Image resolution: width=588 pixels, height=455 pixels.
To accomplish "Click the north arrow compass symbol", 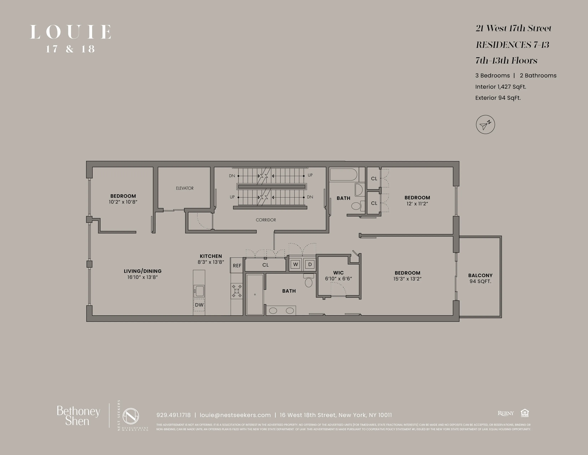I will (x=485, y=125).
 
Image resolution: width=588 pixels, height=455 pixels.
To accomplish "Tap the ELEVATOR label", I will (x=185, y=188).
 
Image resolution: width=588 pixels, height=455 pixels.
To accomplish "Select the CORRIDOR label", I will (x=266, y=220).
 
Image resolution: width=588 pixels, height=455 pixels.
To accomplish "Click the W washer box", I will (x=296, y=264).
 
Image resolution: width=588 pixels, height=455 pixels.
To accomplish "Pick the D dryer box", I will (x=310, y=264).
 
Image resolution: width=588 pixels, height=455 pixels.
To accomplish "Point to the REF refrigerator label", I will (x=237, y=266).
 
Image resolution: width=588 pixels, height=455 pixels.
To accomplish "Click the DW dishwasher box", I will (x=199, y=305).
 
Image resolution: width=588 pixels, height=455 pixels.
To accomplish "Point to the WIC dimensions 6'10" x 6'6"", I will (x=338, y=279).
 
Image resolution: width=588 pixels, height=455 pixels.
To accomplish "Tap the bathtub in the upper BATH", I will (x=344, y=175).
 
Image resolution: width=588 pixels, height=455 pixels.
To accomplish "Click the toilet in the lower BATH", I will (x=309, y=281).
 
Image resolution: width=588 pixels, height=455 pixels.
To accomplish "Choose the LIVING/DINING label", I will (x=143, y=271).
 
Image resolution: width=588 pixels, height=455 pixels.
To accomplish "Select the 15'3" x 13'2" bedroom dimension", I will (x=407, y=279).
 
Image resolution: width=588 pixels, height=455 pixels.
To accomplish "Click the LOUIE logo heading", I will (x=71, y=32).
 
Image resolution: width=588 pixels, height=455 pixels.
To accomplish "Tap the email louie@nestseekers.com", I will (x=235, y=415).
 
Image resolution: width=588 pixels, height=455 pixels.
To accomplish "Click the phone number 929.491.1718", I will (x=173, y=415).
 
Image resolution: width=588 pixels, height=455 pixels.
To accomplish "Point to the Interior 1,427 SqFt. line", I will (x=501, y=87).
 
